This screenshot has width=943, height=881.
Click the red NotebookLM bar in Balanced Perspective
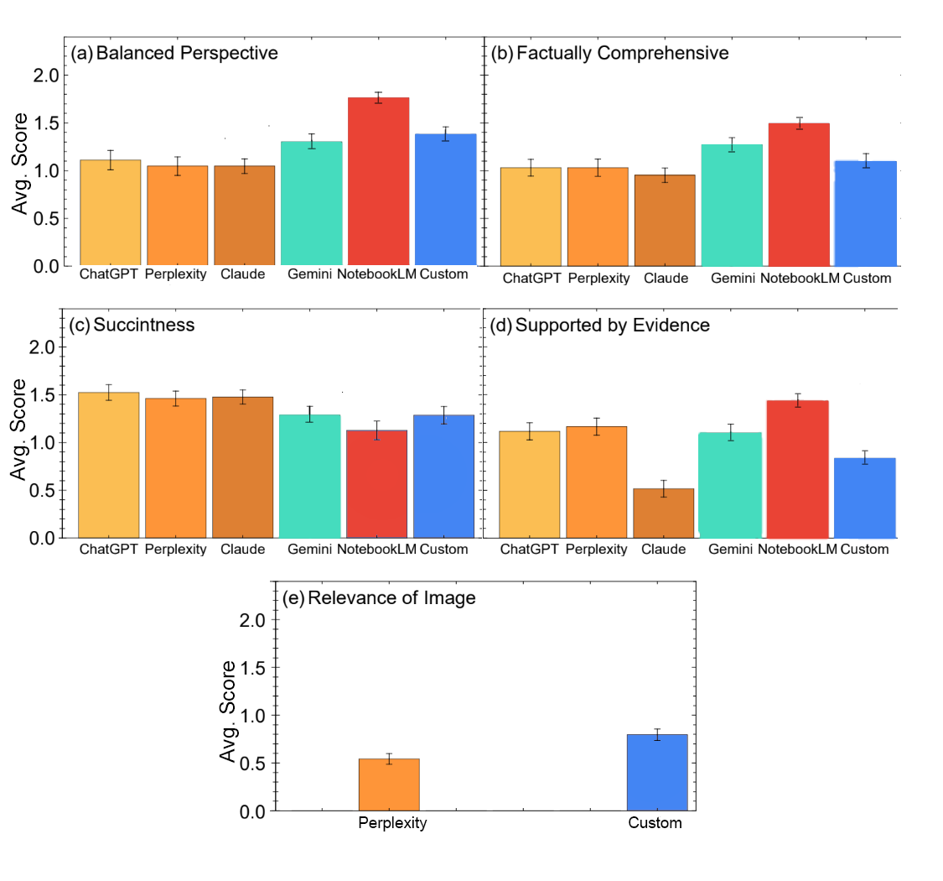tap(378, 181)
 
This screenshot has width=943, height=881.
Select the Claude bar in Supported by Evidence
tap(664, 513)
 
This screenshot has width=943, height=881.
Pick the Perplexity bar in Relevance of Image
tap(389, 785)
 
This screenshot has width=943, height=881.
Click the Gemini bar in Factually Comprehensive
tap(732, 205)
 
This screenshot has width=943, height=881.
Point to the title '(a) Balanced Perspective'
tap(174, 54)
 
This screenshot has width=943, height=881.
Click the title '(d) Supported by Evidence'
tap(600, 325)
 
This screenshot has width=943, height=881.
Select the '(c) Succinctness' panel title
tap(132, 325)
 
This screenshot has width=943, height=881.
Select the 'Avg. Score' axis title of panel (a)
tap(18, 170)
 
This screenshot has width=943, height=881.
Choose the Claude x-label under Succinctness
tap(243, 550)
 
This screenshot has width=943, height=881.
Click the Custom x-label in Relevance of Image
tap(655, 823)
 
